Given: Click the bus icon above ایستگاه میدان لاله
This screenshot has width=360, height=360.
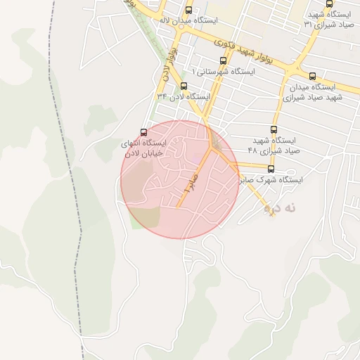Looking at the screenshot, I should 188,10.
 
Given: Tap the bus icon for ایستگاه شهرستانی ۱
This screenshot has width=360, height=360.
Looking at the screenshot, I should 224,60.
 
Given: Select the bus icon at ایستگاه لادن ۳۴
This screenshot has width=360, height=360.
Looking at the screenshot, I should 184,86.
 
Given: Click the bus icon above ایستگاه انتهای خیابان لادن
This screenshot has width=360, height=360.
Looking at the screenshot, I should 144,132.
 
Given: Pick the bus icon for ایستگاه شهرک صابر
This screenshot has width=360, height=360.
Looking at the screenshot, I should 271,169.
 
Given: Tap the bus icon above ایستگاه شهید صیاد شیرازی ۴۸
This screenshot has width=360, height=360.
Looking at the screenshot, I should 275,129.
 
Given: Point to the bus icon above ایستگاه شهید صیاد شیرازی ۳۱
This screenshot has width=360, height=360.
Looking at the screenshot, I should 330,4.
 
